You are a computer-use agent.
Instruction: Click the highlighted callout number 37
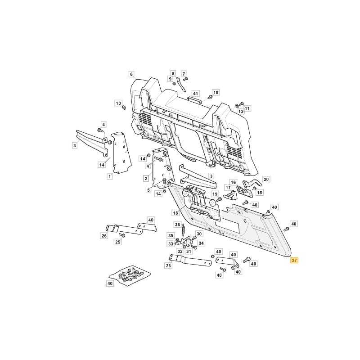click(294, 261)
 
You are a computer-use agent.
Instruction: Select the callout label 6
click(131, 74)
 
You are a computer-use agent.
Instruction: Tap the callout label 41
click(195, 94)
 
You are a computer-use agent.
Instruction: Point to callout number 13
click(118, 103)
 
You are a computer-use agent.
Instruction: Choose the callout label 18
click(175, 213)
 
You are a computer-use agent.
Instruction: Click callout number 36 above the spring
click(177, 225)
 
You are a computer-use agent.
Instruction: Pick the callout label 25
click(118, 242)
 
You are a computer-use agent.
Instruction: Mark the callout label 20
click(266, 179)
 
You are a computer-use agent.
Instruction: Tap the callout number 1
click(109, 176)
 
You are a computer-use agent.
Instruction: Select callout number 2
click(146, 178)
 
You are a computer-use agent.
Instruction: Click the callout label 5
click(148, 190)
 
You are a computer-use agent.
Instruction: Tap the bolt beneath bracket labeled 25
click(122, 235)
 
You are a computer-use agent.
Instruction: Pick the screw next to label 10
click(209, 97)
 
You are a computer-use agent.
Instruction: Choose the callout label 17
click(228, 188)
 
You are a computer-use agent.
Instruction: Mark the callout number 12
click(241, 111)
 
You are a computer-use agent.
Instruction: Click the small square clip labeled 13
click(124, 107)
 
